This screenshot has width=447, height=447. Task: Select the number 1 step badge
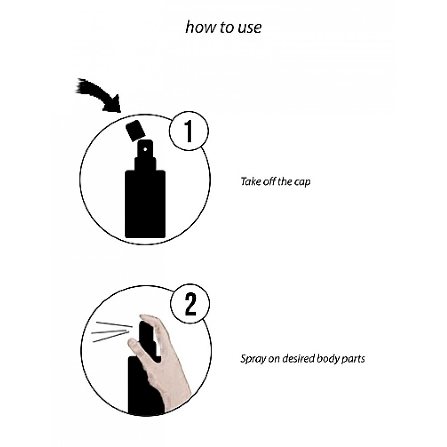[189, 131]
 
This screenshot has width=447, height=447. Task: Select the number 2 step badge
[190, 304]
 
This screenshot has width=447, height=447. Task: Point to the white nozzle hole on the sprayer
[145, 149]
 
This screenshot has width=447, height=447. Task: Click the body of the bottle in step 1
[145, 204]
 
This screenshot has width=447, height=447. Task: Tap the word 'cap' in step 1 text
[302, 183]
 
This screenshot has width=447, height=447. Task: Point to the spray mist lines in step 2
[112, 332]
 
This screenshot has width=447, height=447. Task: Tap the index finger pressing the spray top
[152, 320]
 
